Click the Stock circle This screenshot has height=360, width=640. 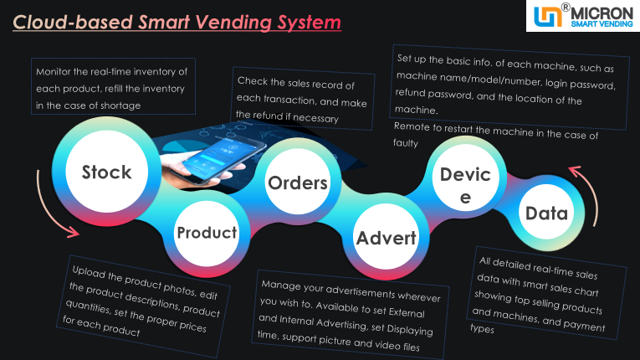[x=106, y=172]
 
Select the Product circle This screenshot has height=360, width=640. [x=207, y=233]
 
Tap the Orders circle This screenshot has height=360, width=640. [x=297, y=183]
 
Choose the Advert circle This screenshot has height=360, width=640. [x=386, y=238]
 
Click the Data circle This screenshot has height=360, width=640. [x=546, y=213]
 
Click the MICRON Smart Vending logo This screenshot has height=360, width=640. [x=581, y=16]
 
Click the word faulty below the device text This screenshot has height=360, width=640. [x=406, y=143]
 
